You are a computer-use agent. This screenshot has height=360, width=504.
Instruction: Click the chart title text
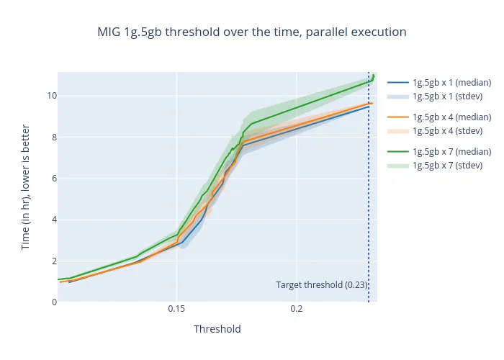coord(252,32)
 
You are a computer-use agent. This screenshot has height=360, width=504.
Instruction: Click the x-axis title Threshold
coord(217,329)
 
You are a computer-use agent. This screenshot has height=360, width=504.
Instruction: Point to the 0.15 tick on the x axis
coord(176,309)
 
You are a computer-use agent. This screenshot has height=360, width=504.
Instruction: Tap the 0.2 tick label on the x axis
coord(296,309)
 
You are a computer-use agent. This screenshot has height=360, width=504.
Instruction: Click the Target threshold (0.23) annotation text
coord(320,285)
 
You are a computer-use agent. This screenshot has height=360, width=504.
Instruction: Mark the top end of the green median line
coord(374,76)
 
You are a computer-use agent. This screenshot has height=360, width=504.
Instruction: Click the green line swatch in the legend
coord(399,152)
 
